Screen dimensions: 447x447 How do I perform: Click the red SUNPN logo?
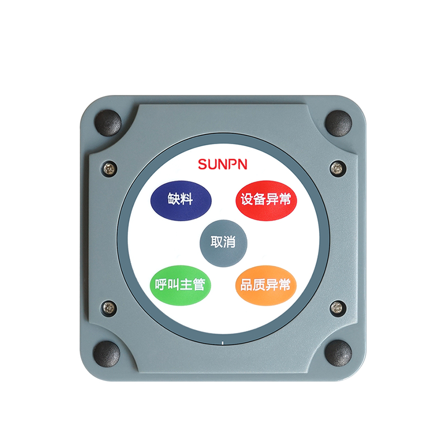pos(222,164)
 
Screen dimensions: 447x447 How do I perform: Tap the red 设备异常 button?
pos(267,200)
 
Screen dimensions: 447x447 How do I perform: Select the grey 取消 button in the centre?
pos(223,243)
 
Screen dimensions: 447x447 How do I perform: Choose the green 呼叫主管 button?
pos(180,285)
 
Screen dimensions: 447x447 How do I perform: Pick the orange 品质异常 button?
pos(266,285)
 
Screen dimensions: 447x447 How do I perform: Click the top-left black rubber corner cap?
pos(108,122)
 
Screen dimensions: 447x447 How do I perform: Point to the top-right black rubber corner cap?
pos(339,123)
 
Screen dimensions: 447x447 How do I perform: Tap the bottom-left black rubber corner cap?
pos(107,354)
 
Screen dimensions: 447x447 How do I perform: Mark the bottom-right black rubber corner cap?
pos(339,354)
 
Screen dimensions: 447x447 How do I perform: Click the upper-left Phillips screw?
pos(110,169)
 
